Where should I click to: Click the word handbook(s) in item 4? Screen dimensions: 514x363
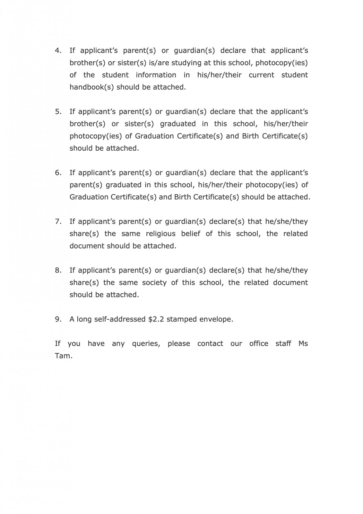tap(91, 87)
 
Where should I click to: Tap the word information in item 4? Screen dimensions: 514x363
tap(156, 75)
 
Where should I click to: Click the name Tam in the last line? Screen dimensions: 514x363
tap(64, 356)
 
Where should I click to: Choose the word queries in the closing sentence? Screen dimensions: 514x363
tap(146, 344)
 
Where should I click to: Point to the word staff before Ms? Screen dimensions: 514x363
tap(283, 344)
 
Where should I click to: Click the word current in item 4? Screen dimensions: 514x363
tap(261, 75)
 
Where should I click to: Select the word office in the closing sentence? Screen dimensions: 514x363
tap(259, 344)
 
